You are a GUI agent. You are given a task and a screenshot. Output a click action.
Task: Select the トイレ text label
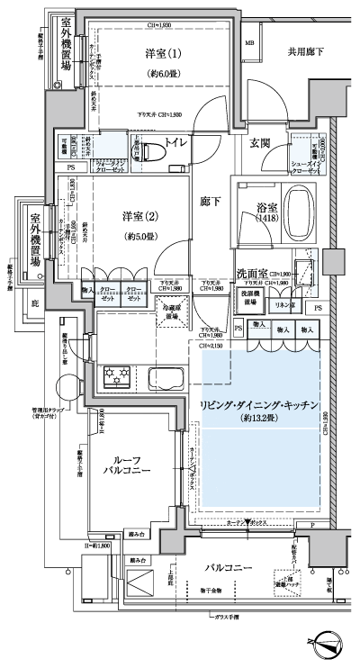tap(175, 142)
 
